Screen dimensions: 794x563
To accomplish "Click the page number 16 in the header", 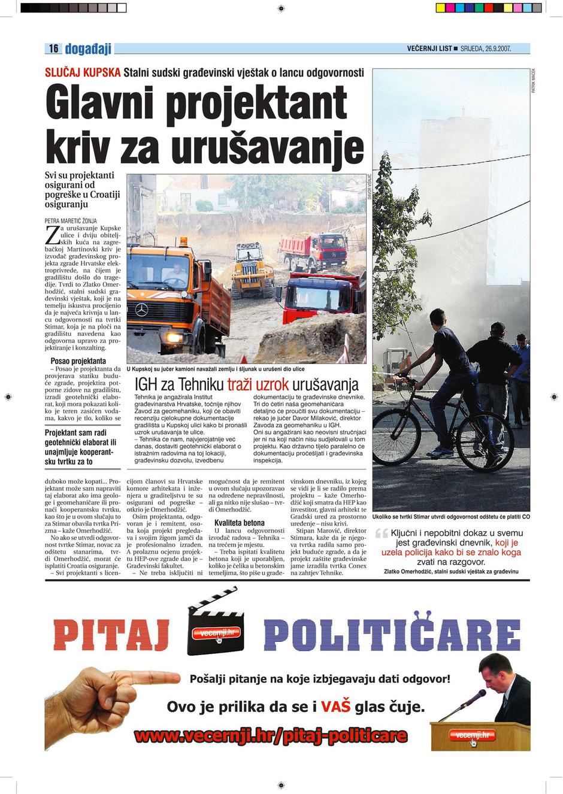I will point(53,49).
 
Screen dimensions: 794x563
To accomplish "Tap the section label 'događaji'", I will point(88,49).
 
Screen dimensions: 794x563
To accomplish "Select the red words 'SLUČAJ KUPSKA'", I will point(83,72).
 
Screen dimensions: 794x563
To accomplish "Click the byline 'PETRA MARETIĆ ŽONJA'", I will point(71,221).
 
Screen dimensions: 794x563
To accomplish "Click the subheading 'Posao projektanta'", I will point(78,361).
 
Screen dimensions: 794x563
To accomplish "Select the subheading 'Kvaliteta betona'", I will point(239,523).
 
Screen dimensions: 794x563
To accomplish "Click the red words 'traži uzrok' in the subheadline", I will point(258,384).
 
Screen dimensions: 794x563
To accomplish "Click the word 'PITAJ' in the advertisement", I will point(111,638).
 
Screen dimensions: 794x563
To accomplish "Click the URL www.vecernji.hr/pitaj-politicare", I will point(271,736).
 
